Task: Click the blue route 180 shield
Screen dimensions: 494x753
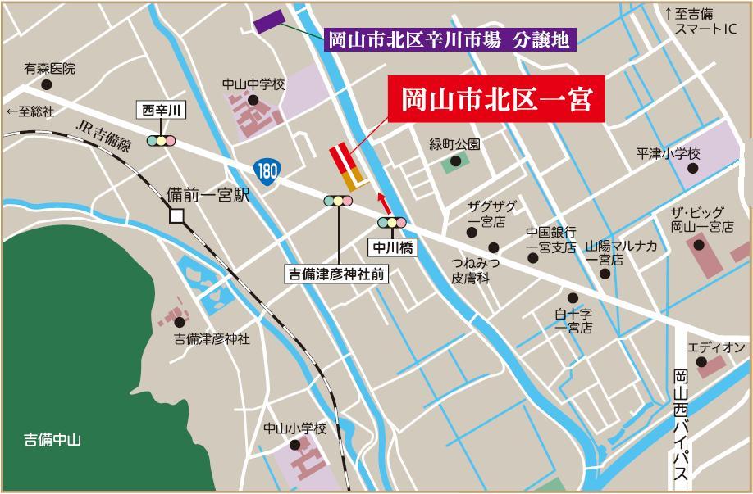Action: [x=265, y=171]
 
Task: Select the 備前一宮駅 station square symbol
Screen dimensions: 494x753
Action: [x=176, y=216]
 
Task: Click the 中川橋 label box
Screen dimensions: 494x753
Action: [x=391, y=243]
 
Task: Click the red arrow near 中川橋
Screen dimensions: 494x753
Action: [x=382, y=202]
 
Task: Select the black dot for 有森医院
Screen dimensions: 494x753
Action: [x=46, y=84]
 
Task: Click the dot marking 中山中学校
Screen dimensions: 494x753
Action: [x=253, y=101]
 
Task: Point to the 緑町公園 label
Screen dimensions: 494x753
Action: [x=455, y=144]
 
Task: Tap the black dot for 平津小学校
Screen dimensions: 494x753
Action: [x=692, y=169]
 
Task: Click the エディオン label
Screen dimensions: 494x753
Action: [x=716, y=348]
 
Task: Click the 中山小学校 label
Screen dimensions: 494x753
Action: [x=294, y=428]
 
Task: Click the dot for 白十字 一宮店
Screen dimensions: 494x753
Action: [x=572, y=299]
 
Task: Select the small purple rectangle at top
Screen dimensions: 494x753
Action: [x=269, y=22]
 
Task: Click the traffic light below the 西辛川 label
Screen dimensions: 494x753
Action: [x=162, y=140]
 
